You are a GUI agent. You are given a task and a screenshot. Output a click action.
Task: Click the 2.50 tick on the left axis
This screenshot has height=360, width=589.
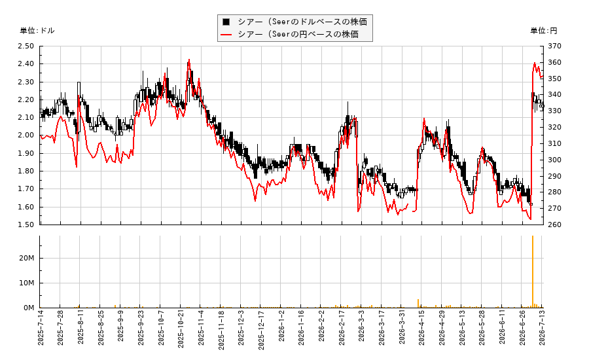point(26,46)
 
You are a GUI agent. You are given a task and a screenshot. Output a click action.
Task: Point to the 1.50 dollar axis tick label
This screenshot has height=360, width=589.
point(26,225)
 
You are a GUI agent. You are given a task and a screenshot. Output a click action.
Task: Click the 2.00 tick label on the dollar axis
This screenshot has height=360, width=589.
point(26,135)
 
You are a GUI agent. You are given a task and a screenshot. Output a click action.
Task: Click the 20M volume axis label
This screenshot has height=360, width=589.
point(27,258)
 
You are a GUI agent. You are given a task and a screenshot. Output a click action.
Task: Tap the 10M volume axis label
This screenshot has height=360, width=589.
point(27,283)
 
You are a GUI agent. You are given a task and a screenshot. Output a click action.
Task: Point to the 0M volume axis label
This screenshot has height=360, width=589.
point(29,308)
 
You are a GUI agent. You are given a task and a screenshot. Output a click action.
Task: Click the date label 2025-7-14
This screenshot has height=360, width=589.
point(41,327)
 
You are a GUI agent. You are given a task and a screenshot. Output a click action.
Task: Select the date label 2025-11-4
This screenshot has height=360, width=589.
point(201,327)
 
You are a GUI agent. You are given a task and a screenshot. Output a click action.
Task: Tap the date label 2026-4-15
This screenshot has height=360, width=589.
point(422,327)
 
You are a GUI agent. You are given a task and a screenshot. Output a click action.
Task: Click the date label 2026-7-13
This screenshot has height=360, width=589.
point(543,327)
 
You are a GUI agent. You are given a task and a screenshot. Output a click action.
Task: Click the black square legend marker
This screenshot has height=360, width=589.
point(226,22)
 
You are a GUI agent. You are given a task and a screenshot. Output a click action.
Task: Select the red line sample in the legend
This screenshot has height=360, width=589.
point(226,35)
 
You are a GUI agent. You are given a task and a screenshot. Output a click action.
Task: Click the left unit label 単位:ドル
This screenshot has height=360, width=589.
point(37,31)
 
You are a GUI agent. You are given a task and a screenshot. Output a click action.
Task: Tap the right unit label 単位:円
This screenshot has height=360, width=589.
point(544,31)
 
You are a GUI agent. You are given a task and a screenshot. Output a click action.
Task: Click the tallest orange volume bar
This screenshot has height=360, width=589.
point(533,272)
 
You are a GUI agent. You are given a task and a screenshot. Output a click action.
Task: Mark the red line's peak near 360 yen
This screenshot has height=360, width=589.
point(535,63)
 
